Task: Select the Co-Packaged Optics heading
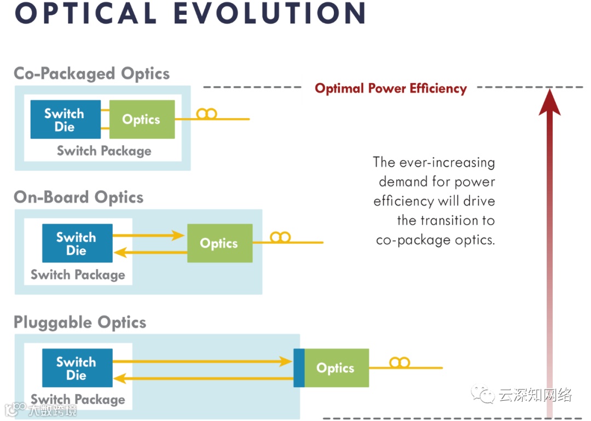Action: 92,74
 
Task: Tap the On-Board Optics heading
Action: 79,197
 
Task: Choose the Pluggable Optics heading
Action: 80,322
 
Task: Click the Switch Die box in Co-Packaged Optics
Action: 65,120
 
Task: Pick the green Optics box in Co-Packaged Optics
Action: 142,120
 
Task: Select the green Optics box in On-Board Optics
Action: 219,243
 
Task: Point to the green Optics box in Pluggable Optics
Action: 336,368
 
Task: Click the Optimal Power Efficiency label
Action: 391,89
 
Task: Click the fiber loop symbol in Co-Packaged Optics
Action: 207,114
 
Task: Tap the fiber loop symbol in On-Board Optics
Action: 280,237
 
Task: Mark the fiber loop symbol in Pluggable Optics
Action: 399,362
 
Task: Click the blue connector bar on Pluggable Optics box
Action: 299,368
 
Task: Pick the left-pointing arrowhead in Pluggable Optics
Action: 120,377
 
